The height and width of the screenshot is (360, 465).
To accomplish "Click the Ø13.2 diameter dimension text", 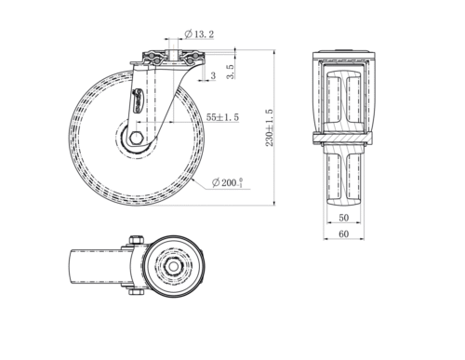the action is pyautogui.click(x=199, y=33).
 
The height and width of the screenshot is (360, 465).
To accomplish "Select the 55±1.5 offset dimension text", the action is pyautogui.click(x=222, y=117).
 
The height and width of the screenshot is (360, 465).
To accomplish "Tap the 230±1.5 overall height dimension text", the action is pyautogui.click(x=270, y=127).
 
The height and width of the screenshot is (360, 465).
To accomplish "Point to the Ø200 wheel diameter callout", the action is pyautogui.click(x=227, y=182).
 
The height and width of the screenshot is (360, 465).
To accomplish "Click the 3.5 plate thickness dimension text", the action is pyautogui.click(x=231, y=72).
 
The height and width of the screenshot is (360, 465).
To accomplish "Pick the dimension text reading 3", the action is pyautogui.click(x=213, y=75).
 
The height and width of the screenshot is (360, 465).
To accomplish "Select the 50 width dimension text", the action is pyautogui.click(x=343, y=218).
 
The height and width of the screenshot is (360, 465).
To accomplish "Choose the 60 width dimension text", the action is pyautogui.click(x=343, y=233).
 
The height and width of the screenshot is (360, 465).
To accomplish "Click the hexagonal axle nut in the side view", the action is pyautogui.click(x=136, y=138).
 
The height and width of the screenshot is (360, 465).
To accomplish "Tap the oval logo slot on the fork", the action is pyautogui.click(x=138, y=101).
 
